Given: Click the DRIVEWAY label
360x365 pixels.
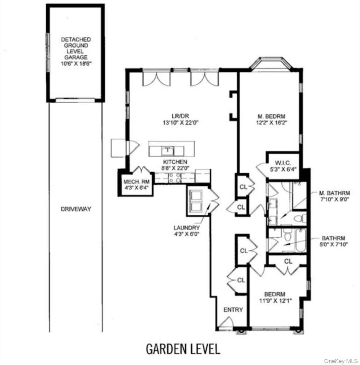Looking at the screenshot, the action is click(x=76, y=209).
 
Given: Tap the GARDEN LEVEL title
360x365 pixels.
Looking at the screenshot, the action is click(x=183, y=349).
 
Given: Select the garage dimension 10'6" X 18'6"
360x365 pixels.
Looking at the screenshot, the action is click(x=76, y=63).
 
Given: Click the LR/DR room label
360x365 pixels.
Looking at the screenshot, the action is click(x=180, y=116).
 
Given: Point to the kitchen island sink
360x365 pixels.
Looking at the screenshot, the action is click(x=168, y=151).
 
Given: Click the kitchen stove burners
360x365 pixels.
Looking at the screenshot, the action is click(x=175, y=178).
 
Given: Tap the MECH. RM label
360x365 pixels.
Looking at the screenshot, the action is click(x=137, y=182).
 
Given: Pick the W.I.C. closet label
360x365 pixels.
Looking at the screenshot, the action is click(x=283, y=163).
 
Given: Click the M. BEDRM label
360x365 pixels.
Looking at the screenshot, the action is click(x=271, y=116).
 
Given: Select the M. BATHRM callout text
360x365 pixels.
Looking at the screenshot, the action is click(x=334, y=193).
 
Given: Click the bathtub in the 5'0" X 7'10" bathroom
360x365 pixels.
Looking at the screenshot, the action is click(x=300, y=240).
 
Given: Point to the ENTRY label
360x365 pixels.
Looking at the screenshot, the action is click(x=233, y=310).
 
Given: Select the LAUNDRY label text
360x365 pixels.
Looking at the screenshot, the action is click(x=187, y=228).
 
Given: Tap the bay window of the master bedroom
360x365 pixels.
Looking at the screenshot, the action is click(x=271, y=63).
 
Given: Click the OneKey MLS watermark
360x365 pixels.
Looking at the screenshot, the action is click(x=341, y=361).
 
